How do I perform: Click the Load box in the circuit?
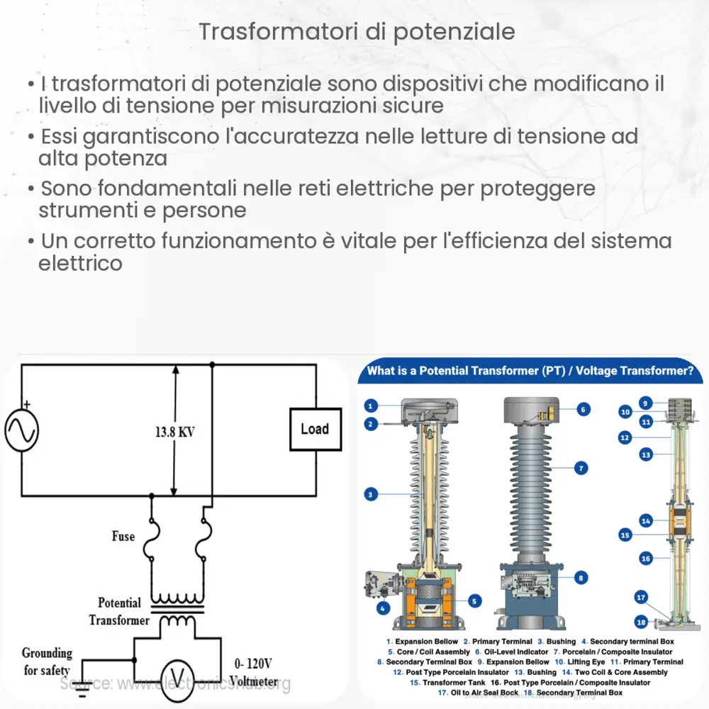pyautogui.click(x=314, y=430)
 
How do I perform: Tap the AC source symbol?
pyautogui.click(x=21, y=431)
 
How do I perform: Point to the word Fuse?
pyautogui.click(x=123, y=537)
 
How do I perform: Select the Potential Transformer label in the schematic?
pyautogui.click(x=119, y=611)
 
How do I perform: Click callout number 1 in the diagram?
pyautogui.click(x=370, y=406)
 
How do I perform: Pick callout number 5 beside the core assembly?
pyautogui.click(x=475, y=602)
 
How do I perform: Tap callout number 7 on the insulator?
pyautogui.click(x=581, y=468)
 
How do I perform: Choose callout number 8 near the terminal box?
pyautogui.click(x=581, y=578)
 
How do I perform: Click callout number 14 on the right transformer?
pyautogui.click(x=645, y=521)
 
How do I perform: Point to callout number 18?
pyautogui.click(x=641, y=622)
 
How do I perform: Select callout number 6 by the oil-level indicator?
pyautogui.click(x=582, y=409)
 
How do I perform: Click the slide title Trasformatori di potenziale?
pyautogui.click(x=357, y=32)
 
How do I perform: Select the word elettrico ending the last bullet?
pyautogui.click(x=80, y=263)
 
